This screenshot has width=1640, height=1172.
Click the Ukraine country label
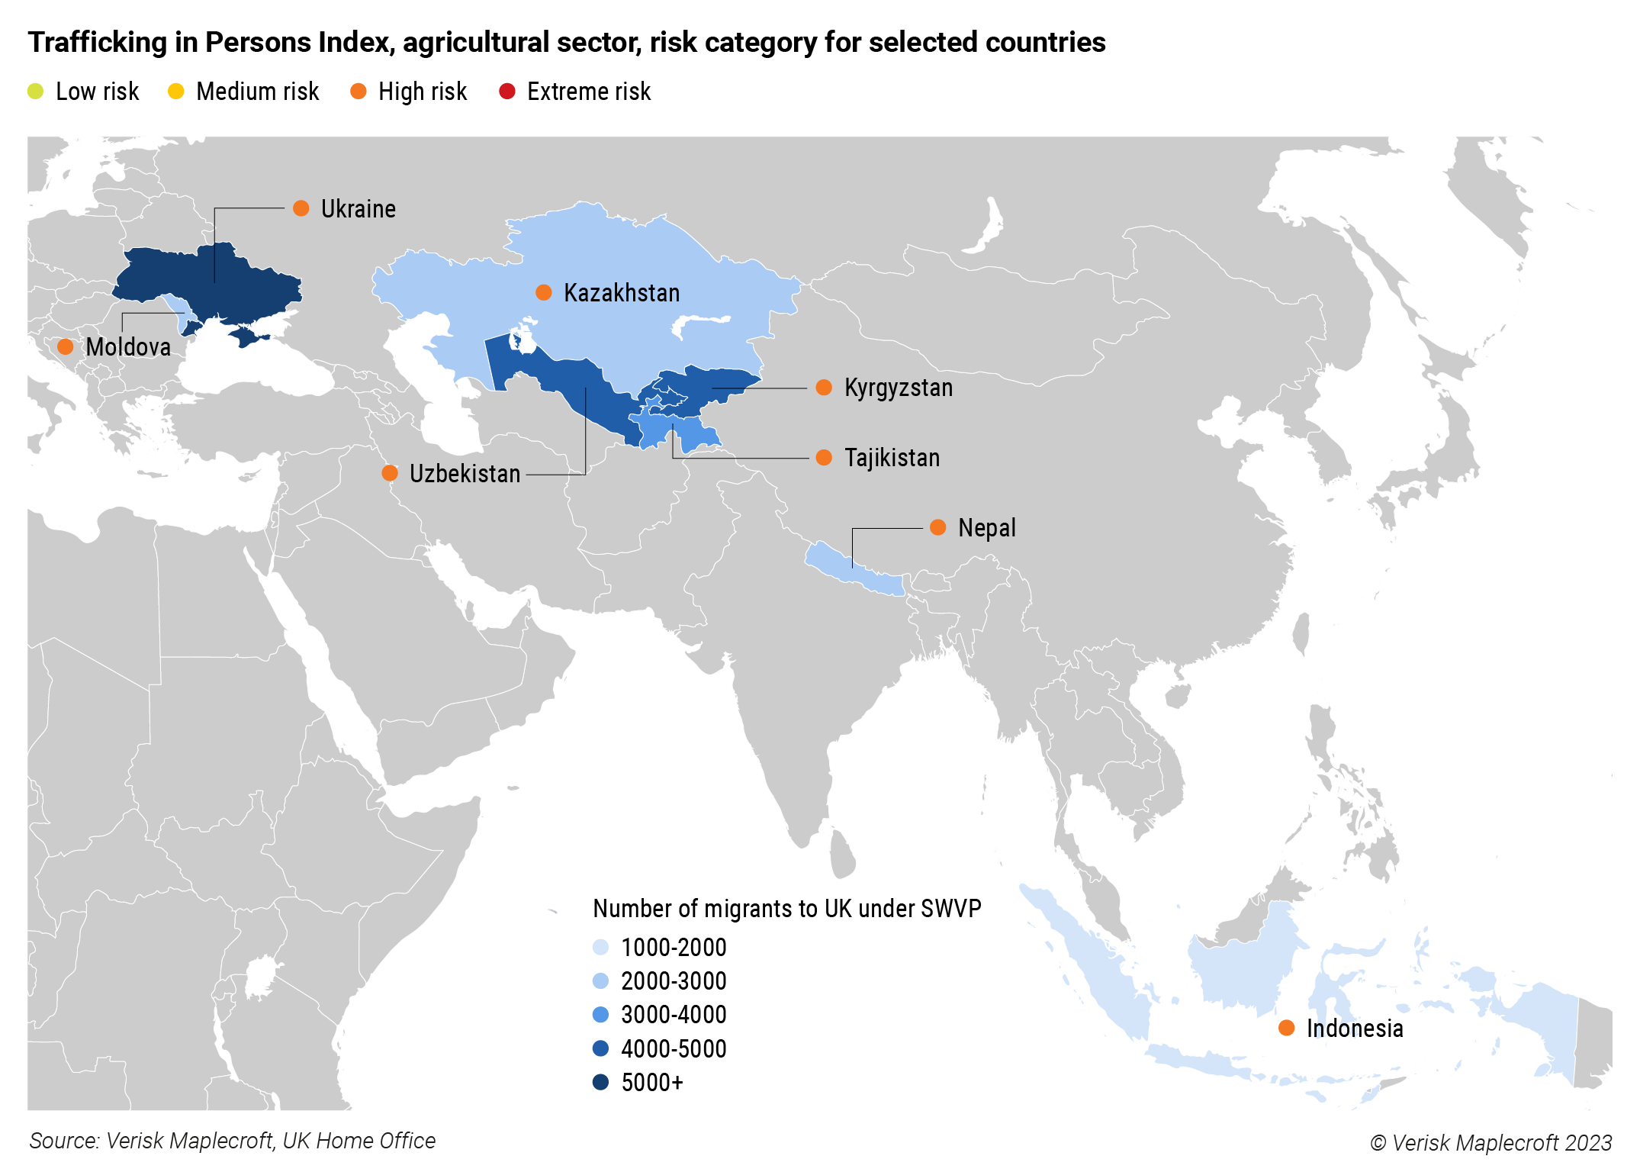(x=358, y=209)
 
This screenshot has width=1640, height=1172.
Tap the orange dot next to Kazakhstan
(x=544, y=292)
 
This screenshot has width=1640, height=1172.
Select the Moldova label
(x=128, y=347)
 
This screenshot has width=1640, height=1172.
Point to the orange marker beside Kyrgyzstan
(x=824, y=388)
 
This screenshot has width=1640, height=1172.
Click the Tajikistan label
(x=892, y=458)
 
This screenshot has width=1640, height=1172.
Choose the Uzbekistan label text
(x=465, y=474)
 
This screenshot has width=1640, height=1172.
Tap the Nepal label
(x=986, y=528)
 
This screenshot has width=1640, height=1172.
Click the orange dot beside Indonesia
(x=1286, y=1028)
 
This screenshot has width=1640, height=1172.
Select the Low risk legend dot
(x=36, y=92)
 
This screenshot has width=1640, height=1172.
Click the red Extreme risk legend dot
(x=507, y=92)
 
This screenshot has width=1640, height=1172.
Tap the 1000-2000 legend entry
(x=673, y=948)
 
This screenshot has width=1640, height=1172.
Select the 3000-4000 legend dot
(x=601, y=1015)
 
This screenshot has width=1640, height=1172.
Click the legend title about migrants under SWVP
(x=786, y=909)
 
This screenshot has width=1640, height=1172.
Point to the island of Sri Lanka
(x=842, y=855)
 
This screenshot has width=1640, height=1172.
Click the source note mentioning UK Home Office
(x=232, y=1141)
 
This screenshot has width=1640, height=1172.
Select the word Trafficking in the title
(x=97, y=42)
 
